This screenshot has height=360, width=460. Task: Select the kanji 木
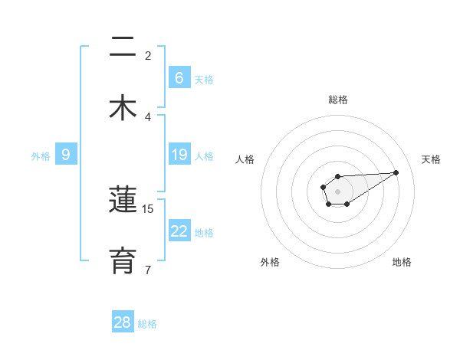coord(123,107)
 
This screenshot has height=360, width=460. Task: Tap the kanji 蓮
coord(123,201)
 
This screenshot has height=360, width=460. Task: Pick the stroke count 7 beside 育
coord(148,269)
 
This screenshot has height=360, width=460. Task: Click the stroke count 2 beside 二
coord(148,55)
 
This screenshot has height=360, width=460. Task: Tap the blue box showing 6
coord(179,77)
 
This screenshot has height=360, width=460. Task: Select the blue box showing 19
coord(179,155)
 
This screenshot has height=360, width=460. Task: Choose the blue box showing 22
coord(179,231)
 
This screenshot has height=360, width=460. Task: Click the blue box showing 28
coord(123,322)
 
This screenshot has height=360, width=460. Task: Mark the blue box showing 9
coord(66,155)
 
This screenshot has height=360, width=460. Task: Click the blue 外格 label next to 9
coord(41,156)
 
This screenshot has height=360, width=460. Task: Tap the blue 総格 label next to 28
coord(147,324)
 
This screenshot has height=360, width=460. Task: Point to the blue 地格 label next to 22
coord(204,232)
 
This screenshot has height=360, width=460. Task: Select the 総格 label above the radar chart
coord(338,100)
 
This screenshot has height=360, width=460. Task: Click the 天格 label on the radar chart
coord(431,159)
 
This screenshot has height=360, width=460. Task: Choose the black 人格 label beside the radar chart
coord(245,159)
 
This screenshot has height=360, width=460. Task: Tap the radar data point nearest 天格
coord(396,172)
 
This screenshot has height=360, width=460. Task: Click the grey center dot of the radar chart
coord(337,190)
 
